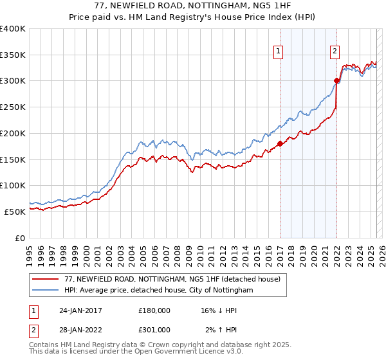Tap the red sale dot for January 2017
[x=280, y=144]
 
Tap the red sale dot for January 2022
[x=336, y=80]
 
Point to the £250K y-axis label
[x=14, y=107]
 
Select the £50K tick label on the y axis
[x=15, y=212]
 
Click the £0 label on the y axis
[x=19, y=238]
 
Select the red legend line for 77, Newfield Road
[x=46, y=280]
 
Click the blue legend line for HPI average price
[x=46, y=291]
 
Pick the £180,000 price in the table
[x=154, y=310]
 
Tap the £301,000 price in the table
[x=154, y=330]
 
